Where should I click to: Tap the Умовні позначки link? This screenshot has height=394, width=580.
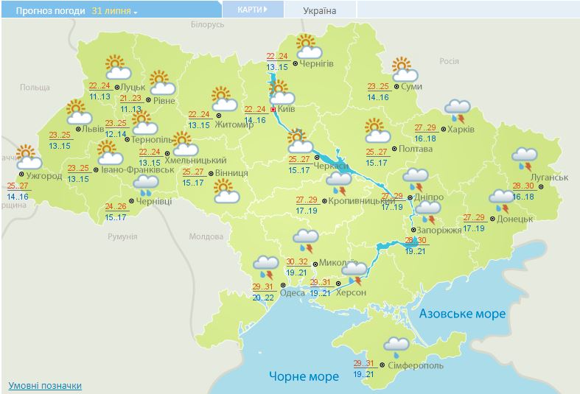tap(44, 386)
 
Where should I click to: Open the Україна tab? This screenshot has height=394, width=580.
tap(319, 10)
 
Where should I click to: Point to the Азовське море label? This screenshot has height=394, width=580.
tap(462, 314)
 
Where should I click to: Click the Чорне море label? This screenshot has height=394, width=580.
tap(304, 376)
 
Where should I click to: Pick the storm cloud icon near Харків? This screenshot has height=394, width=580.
tap(458, 111)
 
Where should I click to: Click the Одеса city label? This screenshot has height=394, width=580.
tap(293, 292)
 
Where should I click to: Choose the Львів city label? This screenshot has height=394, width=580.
tap(93, 128)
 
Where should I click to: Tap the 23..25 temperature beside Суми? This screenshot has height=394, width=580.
tap(378, 86)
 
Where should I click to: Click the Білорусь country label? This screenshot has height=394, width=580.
tap(206, 24)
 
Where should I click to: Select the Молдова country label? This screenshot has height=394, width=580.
tap(206, 237)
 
